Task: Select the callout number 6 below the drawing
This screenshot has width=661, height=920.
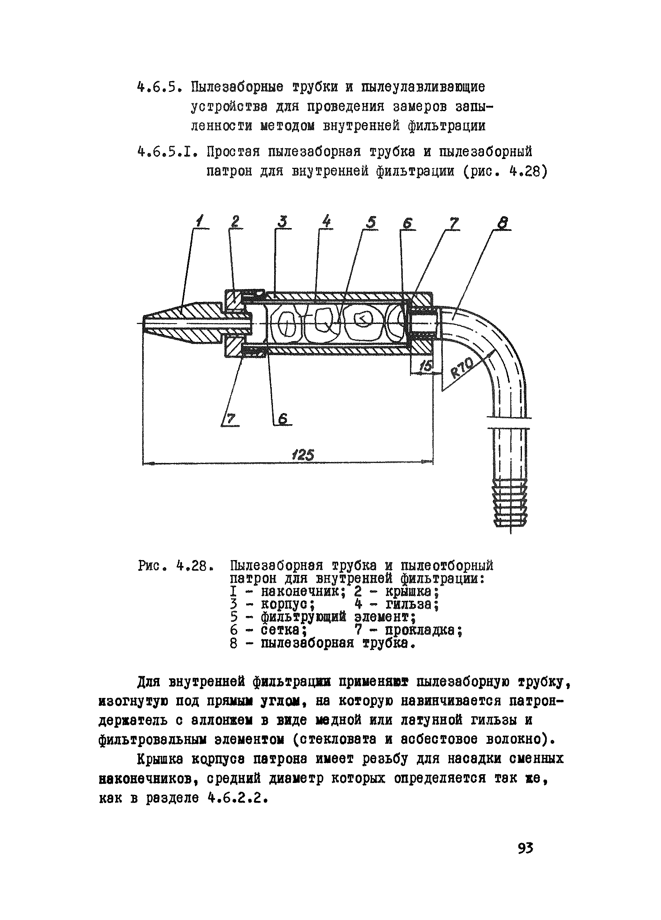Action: tap(283, 419)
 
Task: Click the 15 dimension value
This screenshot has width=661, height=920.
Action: tap(426, 365)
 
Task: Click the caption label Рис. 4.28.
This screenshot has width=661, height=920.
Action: tap(173, 566)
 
